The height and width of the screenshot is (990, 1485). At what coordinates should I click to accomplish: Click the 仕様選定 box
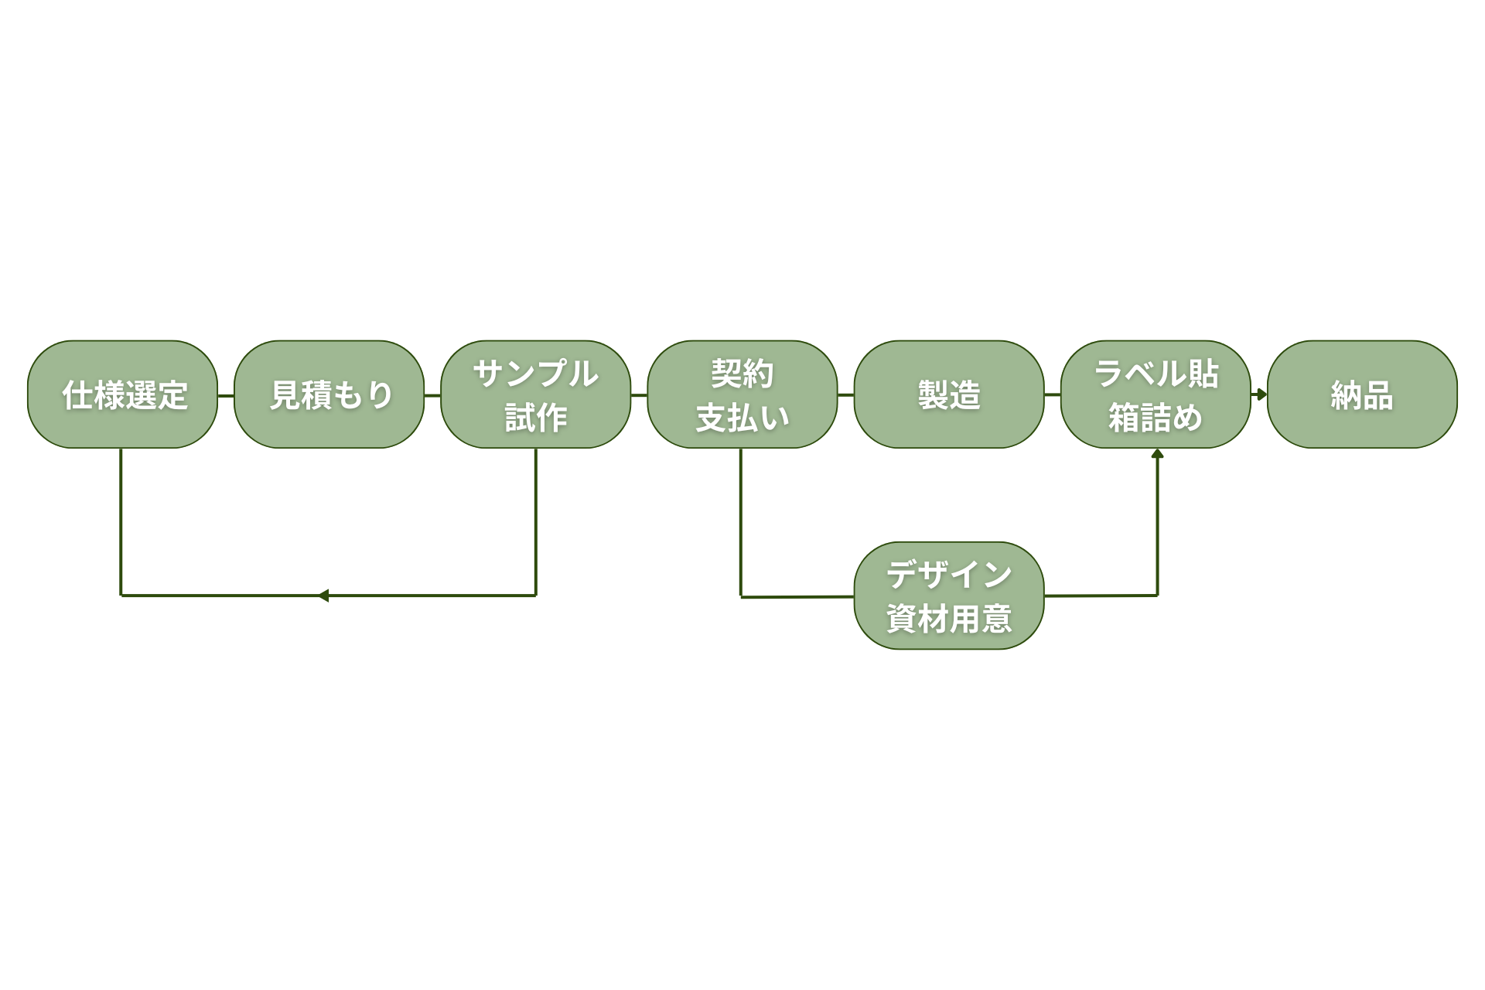(122, 394)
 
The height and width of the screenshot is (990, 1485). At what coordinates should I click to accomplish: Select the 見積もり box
(329, 394)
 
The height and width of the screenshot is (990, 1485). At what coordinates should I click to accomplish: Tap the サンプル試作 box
(535, 394)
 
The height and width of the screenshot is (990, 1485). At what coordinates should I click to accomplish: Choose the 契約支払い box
(742, 394)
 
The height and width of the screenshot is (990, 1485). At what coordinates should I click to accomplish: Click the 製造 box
(948, 394)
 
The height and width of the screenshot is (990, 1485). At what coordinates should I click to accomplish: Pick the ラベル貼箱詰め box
(1156, 394)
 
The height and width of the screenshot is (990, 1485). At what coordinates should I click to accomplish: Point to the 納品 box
(1362, 394)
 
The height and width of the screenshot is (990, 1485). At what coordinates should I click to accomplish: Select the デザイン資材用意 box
(949, 596)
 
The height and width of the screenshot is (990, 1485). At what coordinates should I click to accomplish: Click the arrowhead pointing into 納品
(1261, 394)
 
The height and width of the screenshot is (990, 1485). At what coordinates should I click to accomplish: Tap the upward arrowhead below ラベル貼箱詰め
(1157, 454)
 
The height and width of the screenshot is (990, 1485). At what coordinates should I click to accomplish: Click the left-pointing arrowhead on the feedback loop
(323, 596)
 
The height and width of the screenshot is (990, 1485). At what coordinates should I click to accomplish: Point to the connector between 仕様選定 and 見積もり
(226, 395)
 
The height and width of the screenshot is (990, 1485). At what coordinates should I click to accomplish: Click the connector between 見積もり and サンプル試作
(432, 395)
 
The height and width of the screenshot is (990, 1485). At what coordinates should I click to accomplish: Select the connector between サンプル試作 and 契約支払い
(639, 395)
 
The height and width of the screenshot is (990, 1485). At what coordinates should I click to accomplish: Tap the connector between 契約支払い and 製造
(845, 395)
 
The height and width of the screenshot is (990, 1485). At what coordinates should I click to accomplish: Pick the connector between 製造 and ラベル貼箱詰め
(1052, 395)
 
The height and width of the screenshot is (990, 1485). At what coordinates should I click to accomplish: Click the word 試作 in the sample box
(535, 418)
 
